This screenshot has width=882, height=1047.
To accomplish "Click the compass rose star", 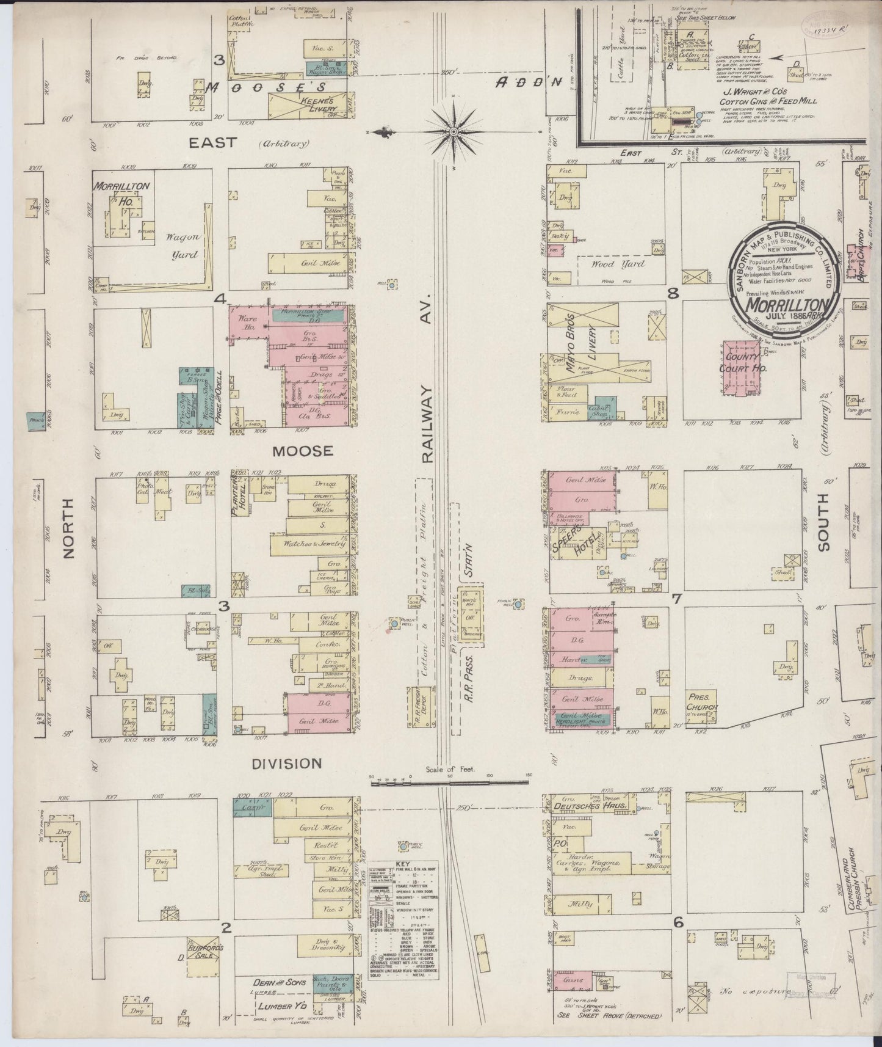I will [x=454, y=131].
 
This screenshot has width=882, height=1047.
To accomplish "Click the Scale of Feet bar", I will [x=450, y=781].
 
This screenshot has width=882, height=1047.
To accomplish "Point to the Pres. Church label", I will [x=702, y=701].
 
